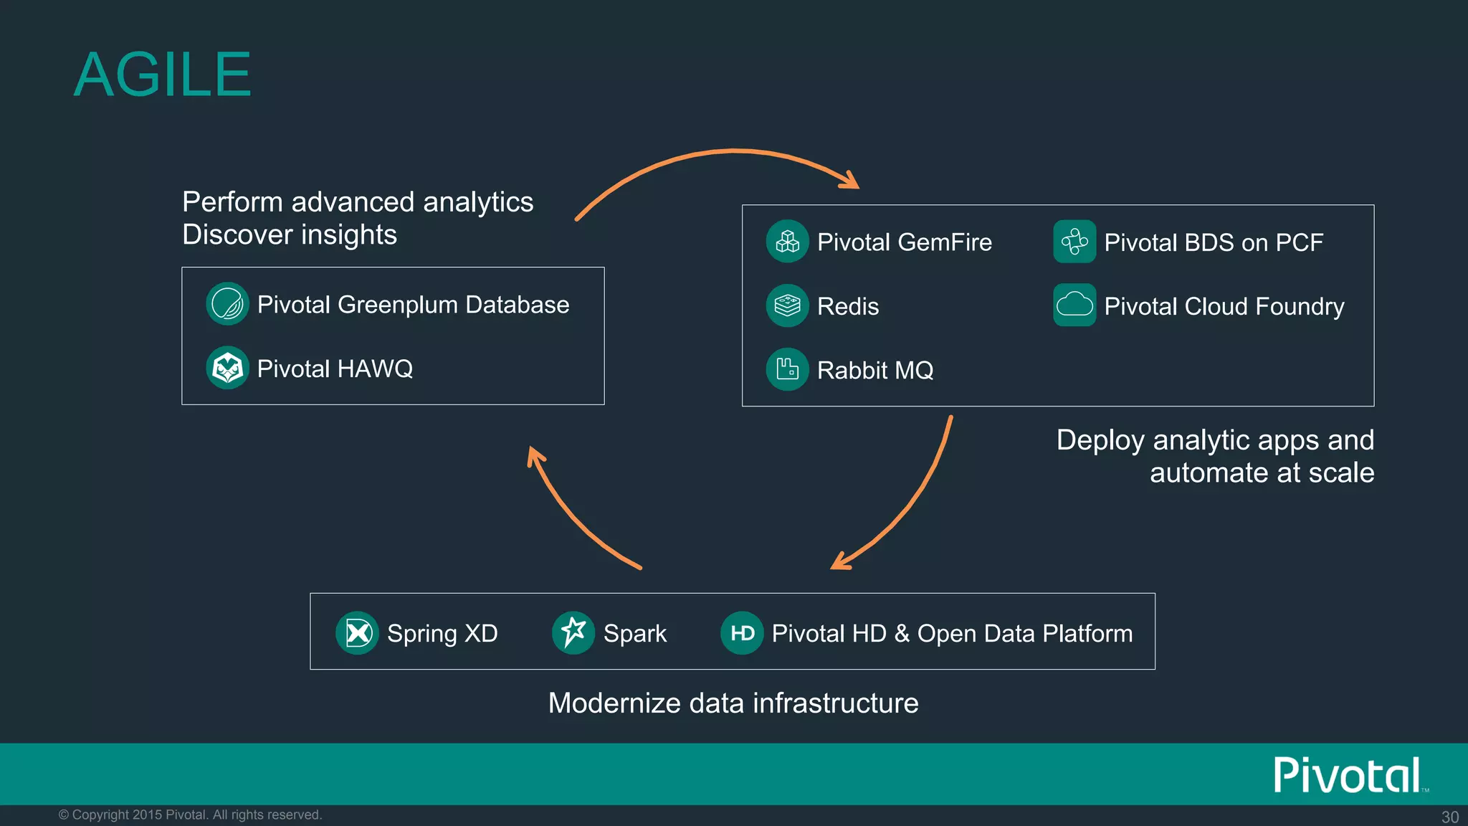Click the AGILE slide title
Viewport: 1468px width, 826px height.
(x=163, y=75)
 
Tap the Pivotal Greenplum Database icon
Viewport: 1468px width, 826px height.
(x=227, y=304)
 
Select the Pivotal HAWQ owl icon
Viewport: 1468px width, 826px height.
(x=227, y=369)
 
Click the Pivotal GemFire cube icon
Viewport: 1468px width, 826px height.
(x=787, y=242)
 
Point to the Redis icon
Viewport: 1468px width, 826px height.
(x=787, y=305)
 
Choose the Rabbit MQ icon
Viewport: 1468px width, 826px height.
(x=787, y=369)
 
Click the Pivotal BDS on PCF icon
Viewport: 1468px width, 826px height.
(x=1074, y=242)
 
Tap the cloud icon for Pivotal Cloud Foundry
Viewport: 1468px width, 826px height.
(x=1074, y=305)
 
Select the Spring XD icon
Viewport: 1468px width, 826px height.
(x=357, y=633)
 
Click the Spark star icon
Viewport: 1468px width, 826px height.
(x=573, y=632)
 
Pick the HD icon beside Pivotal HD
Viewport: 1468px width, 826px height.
(x=742, y=633)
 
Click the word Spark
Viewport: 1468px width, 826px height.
(x=634, y=634)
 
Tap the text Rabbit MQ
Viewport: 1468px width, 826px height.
(x=875, y=371)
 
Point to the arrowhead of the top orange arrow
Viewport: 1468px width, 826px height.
(x=852, y=181)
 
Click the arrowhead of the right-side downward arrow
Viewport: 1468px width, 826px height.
(x=839, y=562)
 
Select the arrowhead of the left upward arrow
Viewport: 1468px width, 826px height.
(x=534, y=455)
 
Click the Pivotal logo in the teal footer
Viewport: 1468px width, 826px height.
(x=1348, y=775)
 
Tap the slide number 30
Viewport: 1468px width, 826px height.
(x=1449, y=817)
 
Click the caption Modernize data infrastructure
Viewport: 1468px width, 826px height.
(x=733, y=703)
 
